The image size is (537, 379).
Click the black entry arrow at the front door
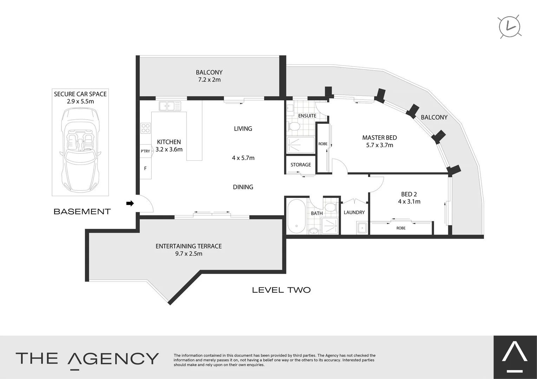tap(130, 203)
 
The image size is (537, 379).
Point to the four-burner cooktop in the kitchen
tap(146, 128)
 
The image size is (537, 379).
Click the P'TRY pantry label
tap(145, 151)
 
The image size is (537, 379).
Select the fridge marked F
tap(145, 168)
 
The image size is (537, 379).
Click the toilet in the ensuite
tap(294, 126)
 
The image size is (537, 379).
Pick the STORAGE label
tap(301, 165)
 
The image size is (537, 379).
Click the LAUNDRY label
tap(354, 212)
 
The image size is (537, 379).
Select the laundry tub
tap(361, 228)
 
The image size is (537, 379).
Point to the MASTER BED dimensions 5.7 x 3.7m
tap(379, 145)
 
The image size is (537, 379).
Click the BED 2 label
tap(409, 194)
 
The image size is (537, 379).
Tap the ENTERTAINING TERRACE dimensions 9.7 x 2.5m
tap(189, 254)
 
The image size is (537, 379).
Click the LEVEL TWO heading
tap(281, 290)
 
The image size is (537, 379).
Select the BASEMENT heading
tap(82, 211)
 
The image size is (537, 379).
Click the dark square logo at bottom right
tap(515, 357)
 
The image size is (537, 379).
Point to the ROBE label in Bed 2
tap(401, 228)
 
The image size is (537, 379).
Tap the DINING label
tap(243, 187)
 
